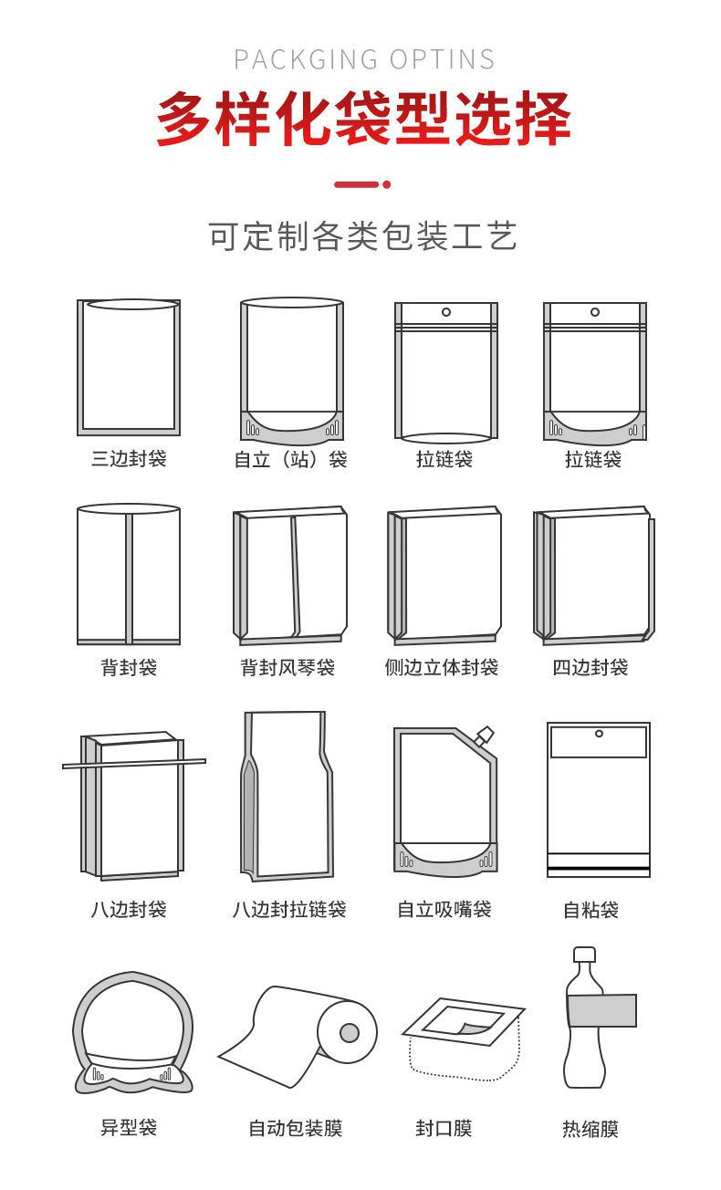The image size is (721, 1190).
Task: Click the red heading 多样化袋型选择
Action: pyautogui.click(x=363, y=119)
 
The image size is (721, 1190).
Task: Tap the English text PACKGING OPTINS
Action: pyautogui.click(x=364, y=60)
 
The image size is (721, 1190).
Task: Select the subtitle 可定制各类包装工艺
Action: pyautogui.click(x=363, y=236)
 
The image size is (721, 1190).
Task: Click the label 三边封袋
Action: pyautogui.click(x=129, y=458)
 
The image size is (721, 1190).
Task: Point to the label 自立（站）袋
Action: pyautogui.click(x=290, y=459)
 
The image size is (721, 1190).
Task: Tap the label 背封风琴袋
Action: pyautogui.click(x=287, y=668)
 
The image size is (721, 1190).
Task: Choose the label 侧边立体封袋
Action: pyautogui.click(x=442, y=668)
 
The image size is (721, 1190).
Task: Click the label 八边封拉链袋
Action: pyautogui.click(x=289, y=910)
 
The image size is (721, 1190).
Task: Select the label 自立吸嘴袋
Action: pyautogui.click(x=444, y=910)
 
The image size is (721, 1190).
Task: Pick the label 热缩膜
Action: pyautogui.click(x=590, y=1130)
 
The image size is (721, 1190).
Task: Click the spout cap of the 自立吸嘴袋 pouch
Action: pyautogui.click(x=484, y=735)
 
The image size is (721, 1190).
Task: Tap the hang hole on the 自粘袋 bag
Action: pyautogui.click(x=599, y=734)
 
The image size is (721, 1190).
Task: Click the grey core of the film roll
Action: pyautogui.click(x=350, y=1032)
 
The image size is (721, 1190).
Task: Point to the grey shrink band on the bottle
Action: pyautogui.click(x=601, y=1011)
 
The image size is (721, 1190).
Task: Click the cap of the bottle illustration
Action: pyautogui.click(x=584, y=955)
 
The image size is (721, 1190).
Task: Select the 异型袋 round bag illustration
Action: pyautogui.click(x=132, y=1031)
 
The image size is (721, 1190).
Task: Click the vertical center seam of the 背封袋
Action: pyautogui.click(x=129, y=577)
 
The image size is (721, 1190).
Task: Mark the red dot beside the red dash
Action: pyautogui.click(x=387, y=184)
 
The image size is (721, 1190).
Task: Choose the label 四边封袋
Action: pyautogui.click(x=590, y=668)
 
